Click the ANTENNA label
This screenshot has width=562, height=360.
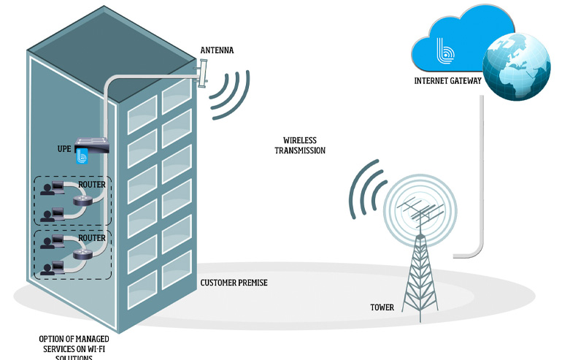[218, 50]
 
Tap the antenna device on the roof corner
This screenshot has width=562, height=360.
[202, 72]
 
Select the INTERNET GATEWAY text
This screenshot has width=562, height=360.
[447, 81]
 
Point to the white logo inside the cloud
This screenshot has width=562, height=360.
[445, 51]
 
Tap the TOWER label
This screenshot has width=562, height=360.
[382, 307]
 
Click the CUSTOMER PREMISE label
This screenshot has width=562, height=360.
[234, 283]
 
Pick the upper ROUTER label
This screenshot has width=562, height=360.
[92, 185]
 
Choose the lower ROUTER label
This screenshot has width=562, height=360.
[92, 238]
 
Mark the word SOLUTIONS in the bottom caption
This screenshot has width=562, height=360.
[65, 356]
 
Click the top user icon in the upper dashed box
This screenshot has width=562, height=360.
[51, 190]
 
